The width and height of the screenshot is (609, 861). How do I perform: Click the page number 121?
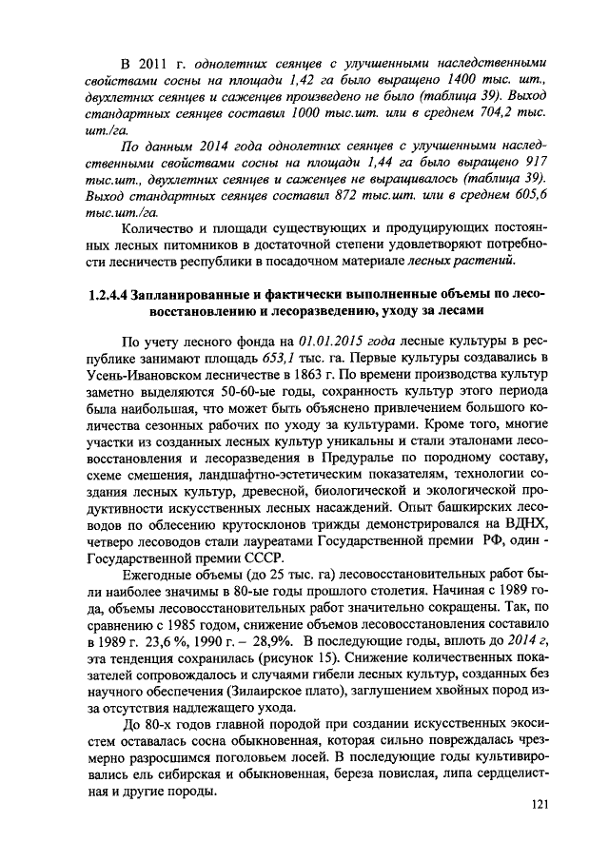[539, 805]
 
